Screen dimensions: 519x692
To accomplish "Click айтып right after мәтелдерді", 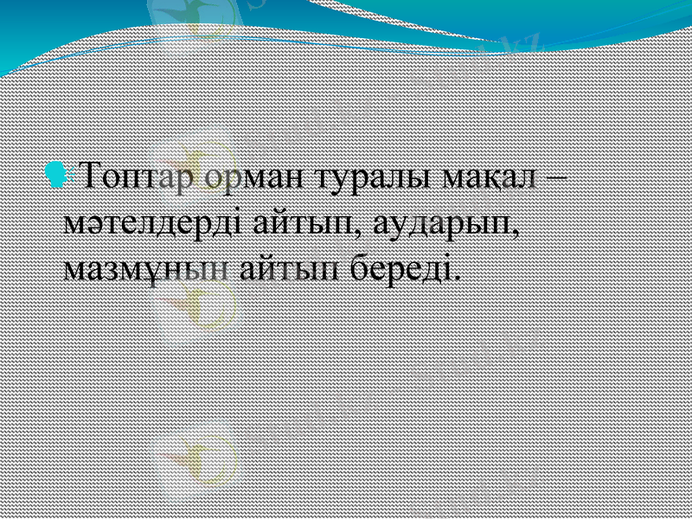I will [x=302, y=224].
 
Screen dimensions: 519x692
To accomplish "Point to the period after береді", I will [x=456, y=277].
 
